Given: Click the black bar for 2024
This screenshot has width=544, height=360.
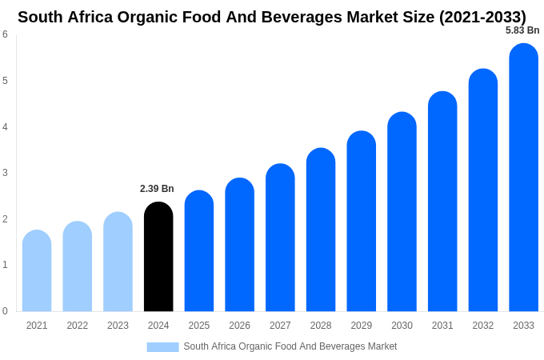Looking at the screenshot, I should coord(158,257).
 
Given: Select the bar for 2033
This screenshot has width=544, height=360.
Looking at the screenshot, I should coord(523,178).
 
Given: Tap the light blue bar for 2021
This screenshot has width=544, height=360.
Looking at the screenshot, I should coord(37,271).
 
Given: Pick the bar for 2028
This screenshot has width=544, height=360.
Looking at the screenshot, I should coord(321,230).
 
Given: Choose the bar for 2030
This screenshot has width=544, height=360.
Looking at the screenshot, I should coord(402,212).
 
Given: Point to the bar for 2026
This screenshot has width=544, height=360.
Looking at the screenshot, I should coord(239,245).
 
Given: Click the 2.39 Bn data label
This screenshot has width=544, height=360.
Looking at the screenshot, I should coord(157,189).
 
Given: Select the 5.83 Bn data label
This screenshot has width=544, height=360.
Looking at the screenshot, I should coord(522,30).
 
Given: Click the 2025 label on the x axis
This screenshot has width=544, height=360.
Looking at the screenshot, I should coord(199,326).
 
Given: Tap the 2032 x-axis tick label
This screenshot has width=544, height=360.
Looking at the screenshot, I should coord(482,326).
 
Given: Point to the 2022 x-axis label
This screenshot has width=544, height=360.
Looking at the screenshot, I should coord(78,326).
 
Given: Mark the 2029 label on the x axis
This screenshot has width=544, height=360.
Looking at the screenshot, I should coord(361,326).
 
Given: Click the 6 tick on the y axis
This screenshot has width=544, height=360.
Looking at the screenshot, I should coord(5,34).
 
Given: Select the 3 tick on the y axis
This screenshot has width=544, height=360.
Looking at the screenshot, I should coord(5,173).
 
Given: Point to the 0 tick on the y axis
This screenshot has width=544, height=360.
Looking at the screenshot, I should coord(5,311).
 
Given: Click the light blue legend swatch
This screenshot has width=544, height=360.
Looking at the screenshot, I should coord(162,347).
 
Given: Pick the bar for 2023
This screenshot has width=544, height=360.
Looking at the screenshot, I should coord(118,262).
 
